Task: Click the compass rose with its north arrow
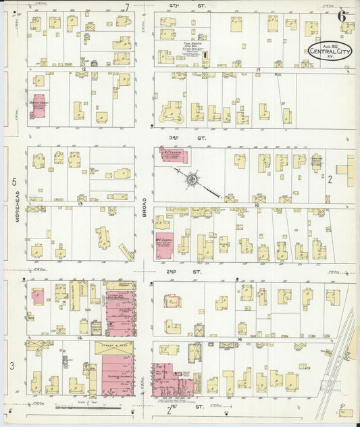(192, 180)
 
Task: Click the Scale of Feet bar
(84, 406)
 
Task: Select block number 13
(80, 203)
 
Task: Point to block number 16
(257, 203)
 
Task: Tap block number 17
(258, 70)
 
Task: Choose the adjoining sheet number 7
(126, 7)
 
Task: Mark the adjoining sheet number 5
(14, 182)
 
